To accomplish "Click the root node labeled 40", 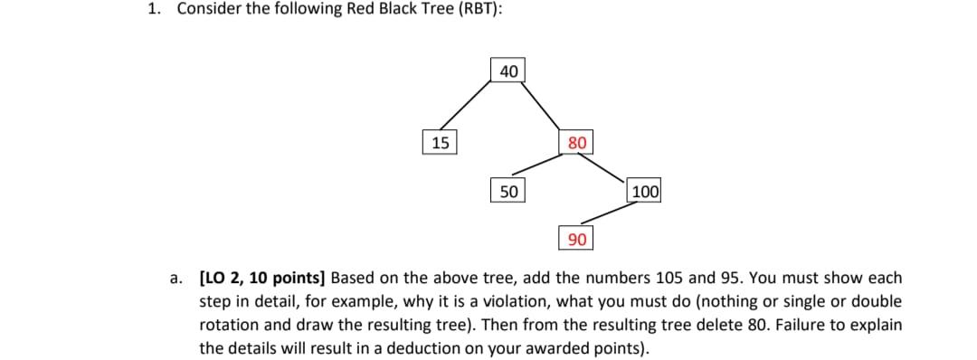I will [x=508, y=71].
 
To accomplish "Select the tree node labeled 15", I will [x=440, y=142].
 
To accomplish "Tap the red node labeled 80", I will [x=577, y=142].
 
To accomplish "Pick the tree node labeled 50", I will [x=508, y=191].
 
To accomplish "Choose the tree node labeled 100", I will [x=645, y=191].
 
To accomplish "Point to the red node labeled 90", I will [x=577, y=239].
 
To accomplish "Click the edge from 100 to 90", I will [x=611, y=213].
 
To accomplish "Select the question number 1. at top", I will [x=154, y=9].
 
